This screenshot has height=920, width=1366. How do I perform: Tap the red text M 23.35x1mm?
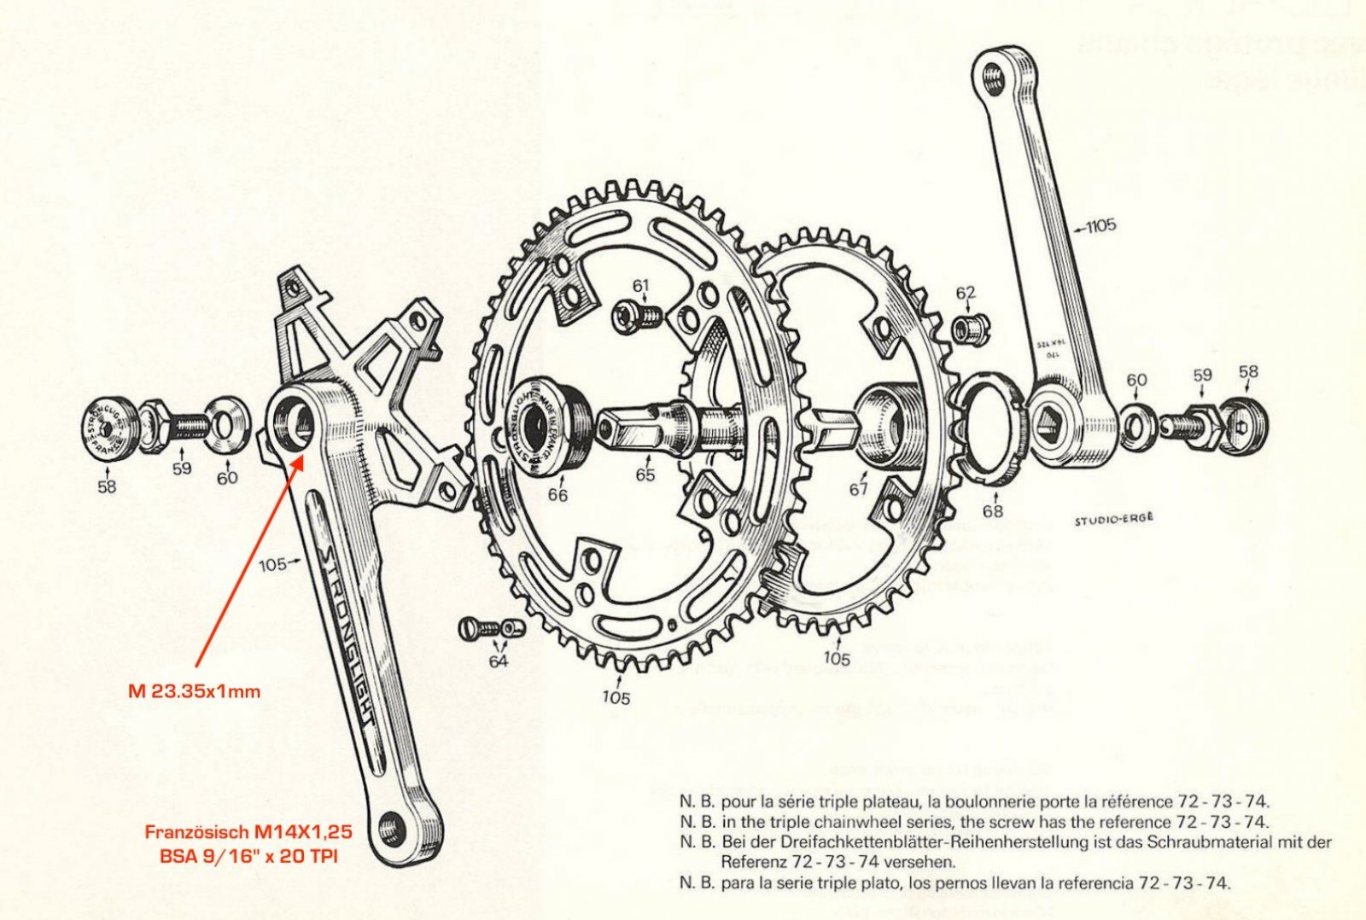click(194, 690)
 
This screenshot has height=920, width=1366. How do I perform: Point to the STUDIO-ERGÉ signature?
click(1113, 517)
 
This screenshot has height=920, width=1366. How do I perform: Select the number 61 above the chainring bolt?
click(640, 285)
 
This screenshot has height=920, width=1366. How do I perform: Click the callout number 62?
click(965, 294)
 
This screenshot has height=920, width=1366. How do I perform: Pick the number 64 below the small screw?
click(498, 661)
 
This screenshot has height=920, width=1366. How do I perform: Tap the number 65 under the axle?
click(645, 475)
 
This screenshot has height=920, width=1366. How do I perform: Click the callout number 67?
click(857, 489)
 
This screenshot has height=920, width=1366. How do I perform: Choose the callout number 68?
click(992, 510)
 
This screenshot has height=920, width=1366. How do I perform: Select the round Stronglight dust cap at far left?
click(108, 428)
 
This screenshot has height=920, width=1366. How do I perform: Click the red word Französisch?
click(196, 831)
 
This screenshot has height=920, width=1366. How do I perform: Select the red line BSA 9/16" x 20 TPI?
click(248, 855)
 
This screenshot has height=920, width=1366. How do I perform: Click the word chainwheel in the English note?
click(859, 822)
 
